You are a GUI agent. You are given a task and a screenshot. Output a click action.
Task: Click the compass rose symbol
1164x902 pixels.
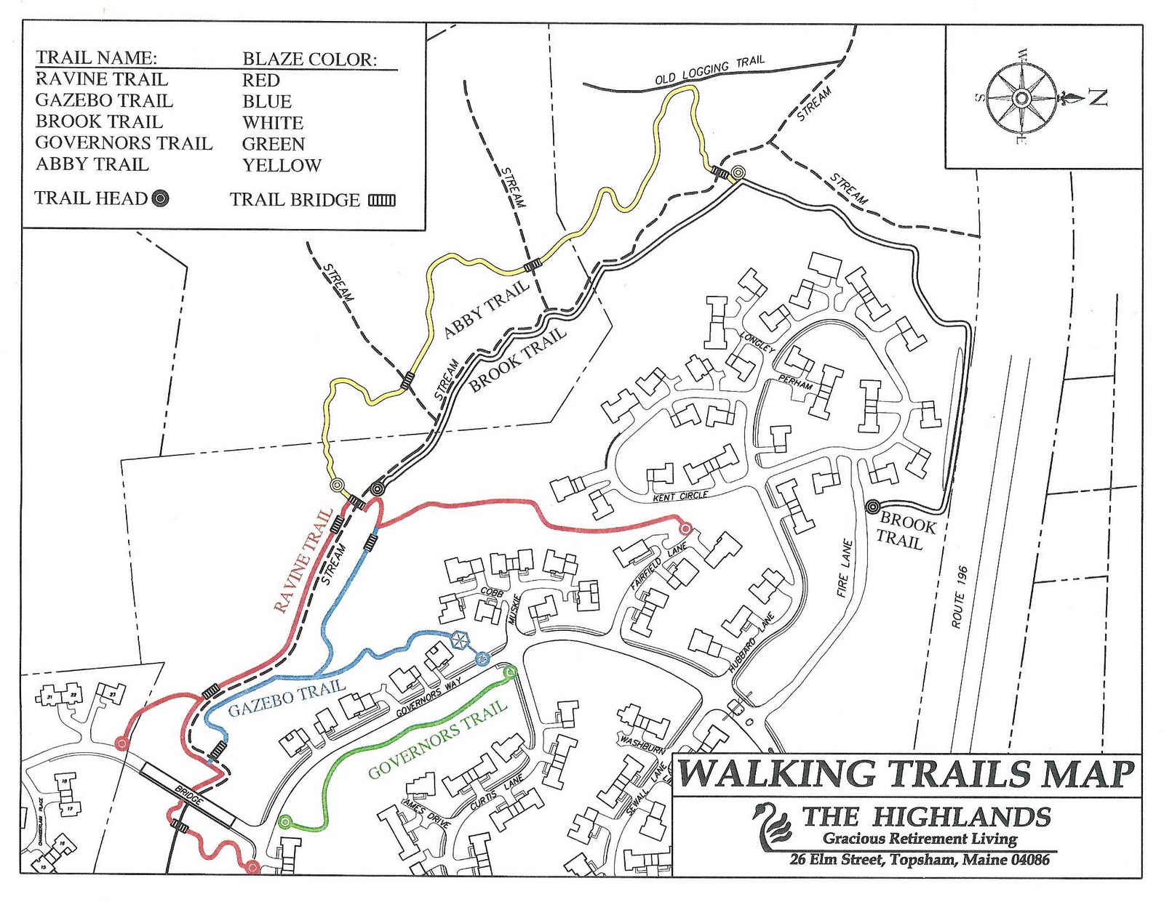[1021, 97]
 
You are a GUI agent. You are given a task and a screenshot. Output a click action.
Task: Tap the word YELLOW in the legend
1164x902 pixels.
[282, 166]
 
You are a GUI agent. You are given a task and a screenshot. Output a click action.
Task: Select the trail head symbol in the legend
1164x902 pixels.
[161, 198]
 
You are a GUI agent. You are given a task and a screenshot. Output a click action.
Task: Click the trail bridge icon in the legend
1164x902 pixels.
[382, 201]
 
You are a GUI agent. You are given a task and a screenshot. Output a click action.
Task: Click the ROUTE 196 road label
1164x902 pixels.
[960, 597]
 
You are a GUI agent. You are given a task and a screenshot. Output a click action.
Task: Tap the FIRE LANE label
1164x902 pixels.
[844, 568]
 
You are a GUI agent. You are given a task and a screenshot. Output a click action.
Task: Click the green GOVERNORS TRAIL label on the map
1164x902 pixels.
[436, 739]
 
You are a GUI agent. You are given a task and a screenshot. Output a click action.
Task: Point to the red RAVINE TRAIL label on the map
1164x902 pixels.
[303, 560]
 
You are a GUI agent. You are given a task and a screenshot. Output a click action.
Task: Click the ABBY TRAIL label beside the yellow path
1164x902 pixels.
[486, 309]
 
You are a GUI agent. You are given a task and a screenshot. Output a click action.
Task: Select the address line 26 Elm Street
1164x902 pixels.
[920, 860]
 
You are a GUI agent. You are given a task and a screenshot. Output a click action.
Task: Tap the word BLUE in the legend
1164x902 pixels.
[267, 102]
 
